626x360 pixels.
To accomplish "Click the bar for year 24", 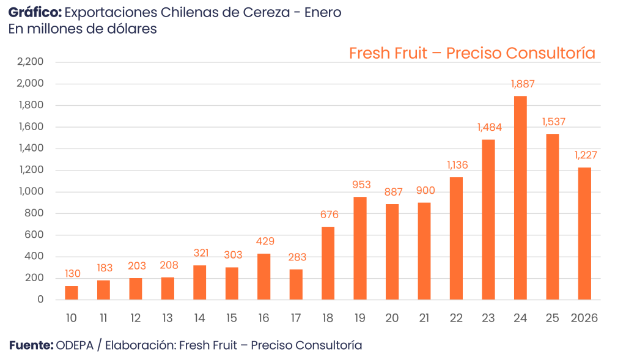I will pos(520,197).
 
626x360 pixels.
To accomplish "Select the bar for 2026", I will pos(584,233).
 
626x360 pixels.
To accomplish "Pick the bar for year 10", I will pos(72,293).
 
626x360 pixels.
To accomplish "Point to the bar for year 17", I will pos(296,284).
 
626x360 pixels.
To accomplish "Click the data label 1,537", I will pos(553,122).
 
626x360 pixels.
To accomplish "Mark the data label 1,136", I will pos(455,164).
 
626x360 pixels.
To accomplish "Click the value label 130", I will pos(72,274).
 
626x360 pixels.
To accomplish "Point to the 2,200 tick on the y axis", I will pos(31,62).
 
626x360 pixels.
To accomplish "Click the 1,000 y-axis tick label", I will pos(31,192).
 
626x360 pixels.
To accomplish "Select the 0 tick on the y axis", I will pos(40,300).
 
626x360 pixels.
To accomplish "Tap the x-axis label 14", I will pos(199,318).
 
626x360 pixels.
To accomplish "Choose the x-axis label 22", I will pos(455,318).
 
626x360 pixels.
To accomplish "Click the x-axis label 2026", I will pos(584,318).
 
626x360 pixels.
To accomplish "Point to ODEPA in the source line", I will pos(75,346).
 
